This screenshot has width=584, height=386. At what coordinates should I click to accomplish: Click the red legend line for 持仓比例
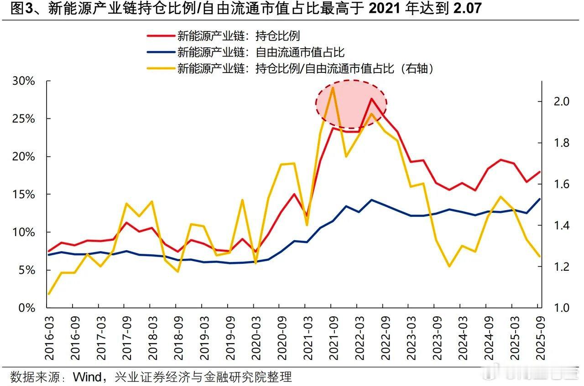click(x=160, y=36)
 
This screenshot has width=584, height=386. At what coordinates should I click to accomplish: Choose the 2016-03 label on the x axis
click(x=48, y=335)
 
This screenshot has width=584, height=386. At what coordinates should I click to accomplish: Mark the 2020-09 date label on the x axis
click(x=280, y=335)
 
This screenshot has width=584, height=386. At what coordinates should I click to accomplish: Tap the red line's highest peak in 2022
click(x=371, y=98)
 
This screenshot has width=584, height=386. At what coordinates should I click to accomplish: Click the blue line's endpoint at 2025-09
click(x=540, y=199)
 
